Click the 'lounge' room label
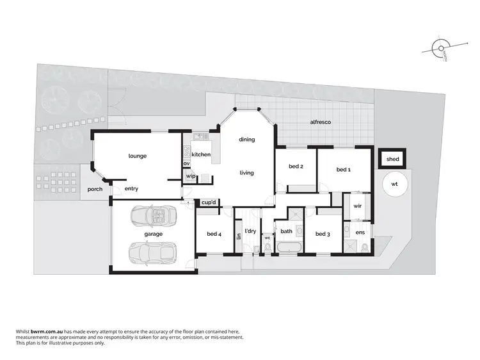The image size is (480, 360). pyautogui.click(x=138, y=156)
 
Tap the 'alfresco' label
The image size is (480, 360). pyautogui.click(x=320, y=122)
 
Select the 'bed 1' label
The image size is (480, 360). pyautogui.click(x=344, y=169)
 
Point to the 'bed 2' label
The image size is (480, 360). pyautogui.click(x=295, y=167)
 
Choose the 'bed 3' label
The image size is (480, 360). pyautogui.click(x=323, y=234)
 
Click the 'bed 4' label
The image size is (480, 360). pyautogui.click(x=214, y=234)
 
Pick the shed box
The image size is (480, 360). pyautogui.click(x=392, y=159)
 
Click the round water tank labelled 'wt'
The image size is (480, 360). pyautogui.click(x=394, y=184)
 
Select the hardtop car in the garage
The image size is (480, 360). pyautogui.click(x=151, y=253)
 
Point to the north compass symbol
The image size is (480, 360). pyautogui.click(x=440, y=49)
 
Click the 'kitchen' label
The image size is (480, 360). pyautogui.click(x=201, y=155)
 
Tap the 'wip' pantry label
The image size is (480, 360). pyautogui.click(x=190, y=176)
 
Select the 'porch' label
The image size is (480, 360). pyautogui.click(x=95, y=189)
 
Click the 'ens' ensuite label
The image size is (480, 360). pyautogui.click(x=360, y=231)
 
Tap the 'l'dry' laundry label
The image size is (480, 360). pyautogui.click(x=250, y=231)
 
